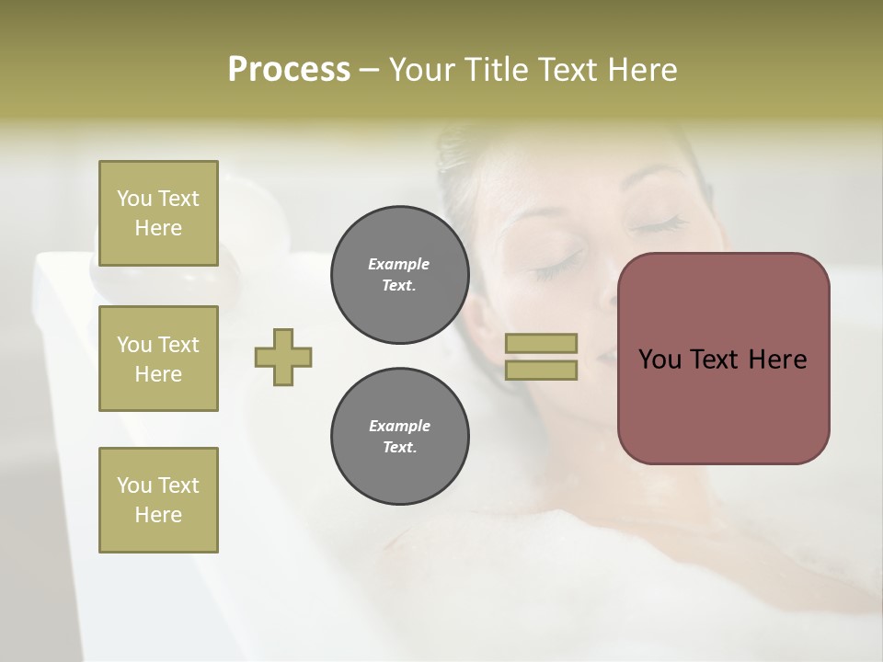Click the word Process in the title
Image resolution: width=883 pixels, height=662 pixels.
pos(289,70)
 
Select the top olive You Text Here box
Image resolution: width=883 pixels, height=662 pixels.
pos(158,213)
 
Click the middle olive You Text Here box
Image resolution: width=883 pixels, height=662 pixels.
pos(158,359)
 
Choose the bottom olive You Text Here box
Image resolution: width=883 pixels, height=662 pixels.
pos(158,500)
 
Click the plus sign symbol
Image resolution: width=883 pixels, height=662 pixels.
pos(283,358)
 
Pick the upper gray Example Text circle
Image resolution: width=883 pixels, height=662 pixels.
pos(399,275)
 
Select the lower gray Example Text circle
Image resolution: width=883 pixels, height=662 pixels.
pos(399,437)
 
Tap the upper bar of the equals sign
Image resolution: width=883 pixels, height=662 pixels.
pos(542,343)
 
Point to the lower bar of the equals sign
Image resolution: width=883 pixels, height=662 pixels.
pos(542,370)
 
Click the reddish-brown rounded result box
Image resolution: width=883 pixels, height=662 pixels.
pos(723,405)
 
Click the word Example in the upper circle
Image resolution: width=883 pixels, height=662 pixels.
pos(398,265)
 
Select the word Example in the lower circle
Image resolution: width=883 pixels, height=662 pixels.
pos(399,427)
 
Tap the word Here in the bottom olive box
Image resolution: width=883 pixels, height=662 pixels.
pos(158,515)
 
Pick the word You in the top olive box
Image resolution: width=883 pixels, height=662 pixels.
pos(134,199)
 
